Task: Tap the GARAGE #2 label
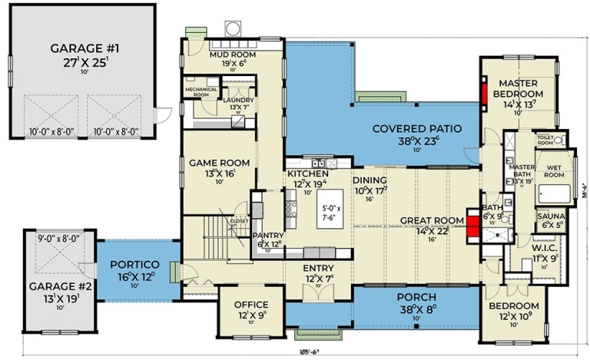(50, 286)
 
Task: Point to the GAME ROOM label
(220, 163)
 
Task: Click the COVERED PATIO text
(417, 129)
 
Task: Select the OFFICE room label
(250, 305)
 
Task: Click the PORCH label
(416, 297)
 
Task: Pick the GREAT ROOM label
(432, 221)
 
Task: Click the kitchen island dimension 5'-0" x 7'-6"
(333, 211)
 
